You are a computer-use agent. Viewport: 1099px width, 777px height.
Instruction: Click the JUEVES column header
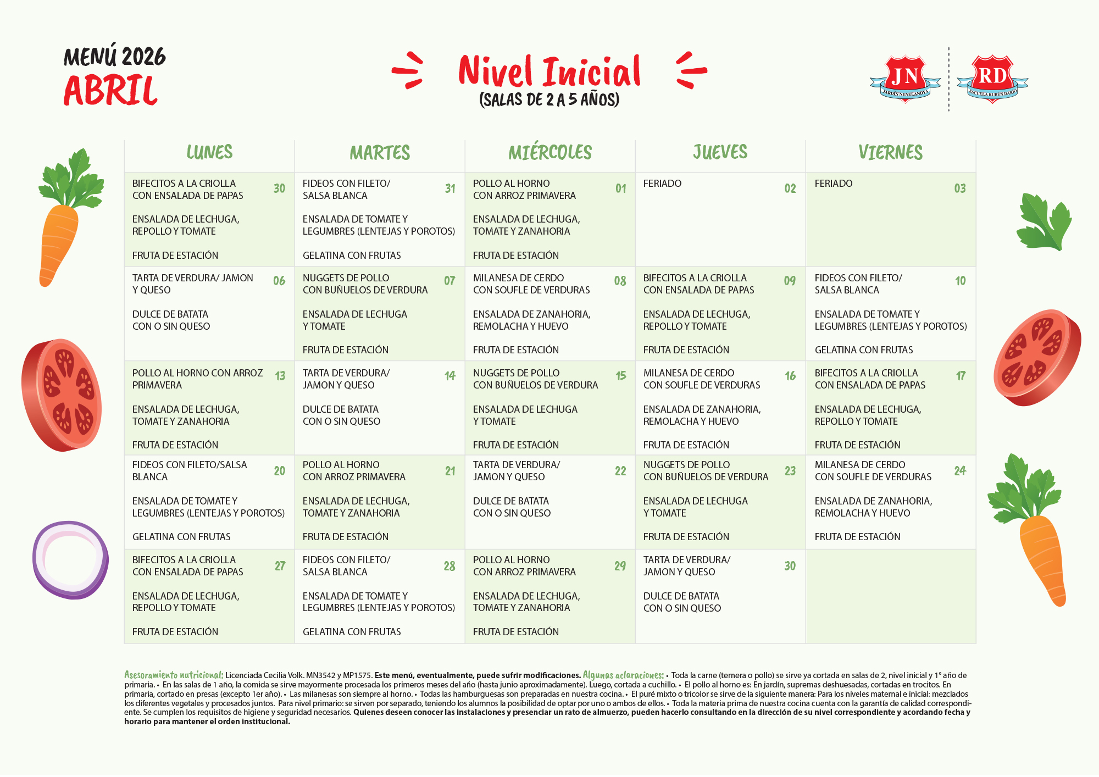tap(720, 152)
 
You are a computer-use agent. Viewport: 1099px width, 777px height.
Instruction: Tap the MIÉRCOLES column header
tap(550, 152)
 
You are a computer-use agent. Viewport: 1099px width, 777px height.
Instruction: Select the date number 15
tap(621, 376)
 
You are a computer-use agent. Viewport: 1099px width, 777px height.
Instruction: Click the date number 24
tap(960, 471)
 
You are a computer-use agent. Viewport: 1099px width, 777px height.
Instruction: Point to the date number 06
tap(279, 281)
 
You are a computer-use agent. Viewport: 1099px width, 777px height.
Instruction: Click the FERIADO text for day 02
tap(662, 184)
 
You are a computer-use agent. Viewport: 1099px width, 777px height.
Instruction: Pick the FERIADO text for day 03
tap(833, 184)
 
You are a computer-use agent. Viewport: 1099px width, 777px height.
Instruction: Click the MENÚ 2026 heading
tap(115, 57)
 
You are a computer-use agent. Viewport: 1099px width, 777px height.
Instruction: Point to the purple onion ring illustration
tap(70, 560)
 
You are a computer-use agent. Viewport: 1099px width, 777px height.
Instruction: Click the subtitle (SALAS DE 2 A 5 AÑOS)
tap(549, 99)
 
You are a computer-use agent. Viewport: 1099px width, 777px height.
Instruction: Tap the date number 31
tap(450, 188)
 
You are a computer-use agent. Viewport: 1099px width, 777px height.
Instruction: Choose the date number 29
tap(620, 566)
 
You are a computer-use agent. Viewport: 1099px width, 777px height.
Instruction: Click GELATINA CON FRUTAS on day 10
tap(863, 350)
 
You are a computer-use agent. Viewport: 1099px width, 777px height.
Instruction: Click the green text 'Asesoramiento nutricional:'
tap(174, 675)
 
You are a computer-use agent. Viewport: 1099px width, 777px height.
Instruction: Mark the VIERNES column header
tap(890, 152)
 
